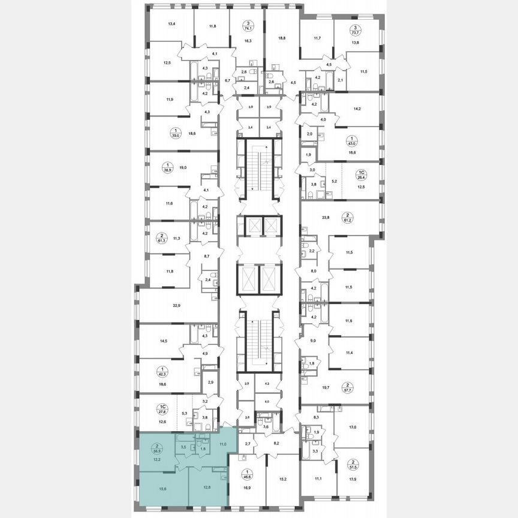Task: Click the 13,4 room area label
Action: tap(171, 24)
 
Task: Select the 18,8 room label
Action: tap(281, 37)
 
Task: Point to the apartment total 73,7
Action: tap(356, 31)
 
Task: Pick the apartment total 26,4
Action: tap(362, 177)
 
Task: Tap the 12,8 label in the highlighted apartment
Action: tap(207, 486)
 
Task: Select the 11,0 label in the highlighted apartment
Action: tap(223, 444)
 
